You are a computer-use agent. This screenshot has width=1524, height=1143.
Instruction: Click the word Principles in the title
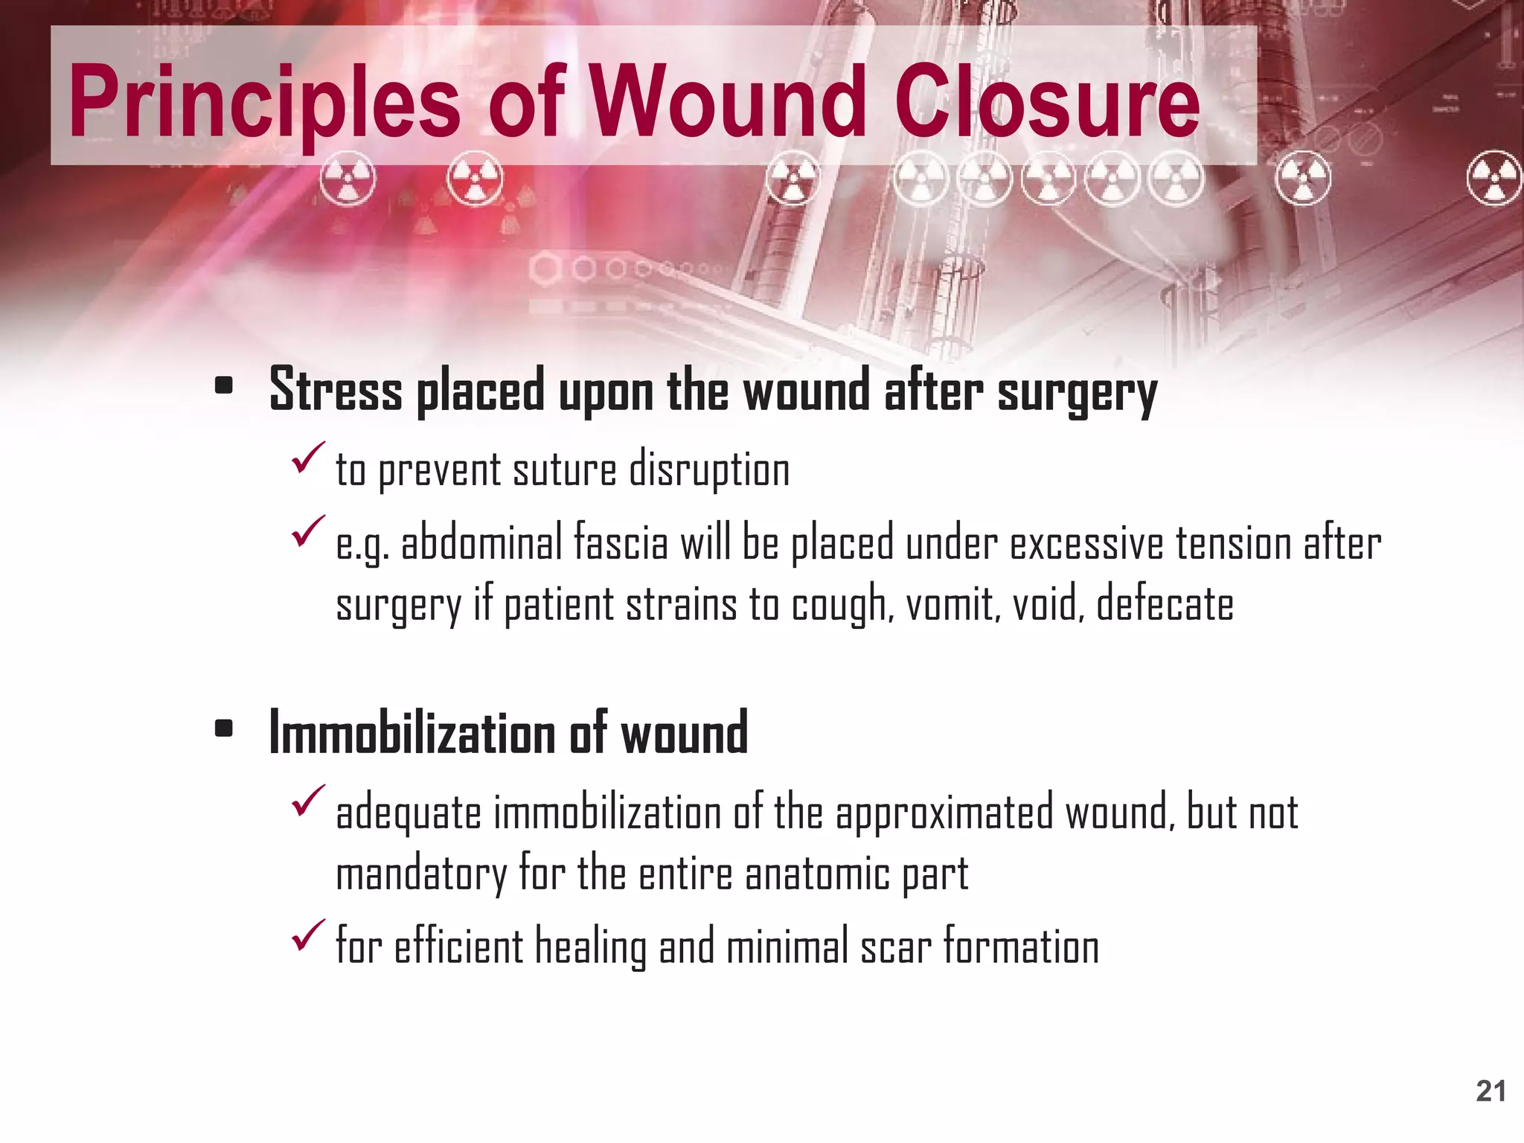point(264,103)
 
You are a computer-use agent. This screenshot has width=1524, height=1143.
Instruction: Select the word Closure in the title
point(1047,103)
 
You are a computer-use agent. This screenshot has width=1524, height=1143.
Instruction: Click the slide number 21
point(1491,1091)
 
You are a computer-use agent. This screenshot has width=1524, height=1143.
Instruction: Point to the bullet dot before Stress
point(223,386)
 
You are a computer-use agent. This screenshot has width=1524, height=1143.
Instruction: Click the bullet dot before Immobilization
point(223,729)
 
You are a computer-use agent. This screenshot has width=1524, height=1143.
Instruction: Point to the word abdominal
point(481,543)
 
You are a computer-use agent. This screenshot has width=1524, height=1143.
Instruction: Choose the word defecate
point(1165,603)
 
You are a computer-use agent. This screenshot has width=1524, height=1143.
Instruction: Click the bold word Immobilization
point(411,733)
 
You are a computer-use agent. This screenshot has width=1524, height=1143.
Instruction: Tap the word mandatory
point(421,874)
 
